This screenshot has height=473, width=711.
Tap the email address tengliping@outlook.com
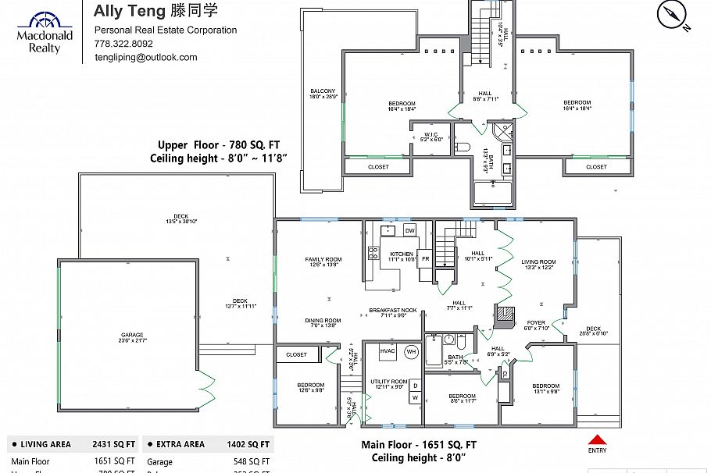(145, 57)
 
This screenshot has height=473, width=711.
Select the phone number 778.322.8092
(123, 44)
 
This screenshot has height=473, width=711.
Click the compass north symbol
(673, 14)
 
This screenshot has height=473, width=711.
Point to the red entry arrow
(597, 440)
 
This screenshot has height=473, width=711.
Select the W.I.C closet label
(427, 136)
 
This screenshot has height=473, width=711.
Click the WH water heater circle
(411, 352)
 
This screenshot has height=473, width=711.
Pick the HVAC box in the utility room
(388, 352)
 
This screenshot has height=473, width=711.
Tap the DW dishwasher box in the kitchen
(409, 230)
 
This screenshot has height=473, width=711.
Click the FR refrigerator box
(426, 258)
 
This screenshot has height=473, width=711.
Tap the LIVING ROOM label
(539, 264)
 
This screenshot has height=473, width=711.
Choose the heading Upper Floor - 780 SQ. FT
(218, 145)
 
